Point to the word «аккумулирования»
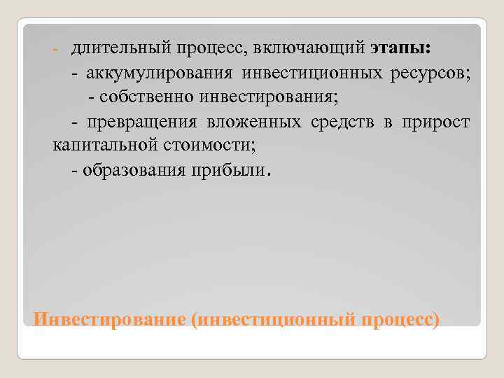(160, 74)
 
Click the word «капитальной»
(99, 146)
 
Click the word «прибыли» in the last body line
(225, 170)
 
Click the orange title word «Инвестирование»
(108, 318)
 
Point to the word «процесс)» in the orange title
(401, 318)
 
